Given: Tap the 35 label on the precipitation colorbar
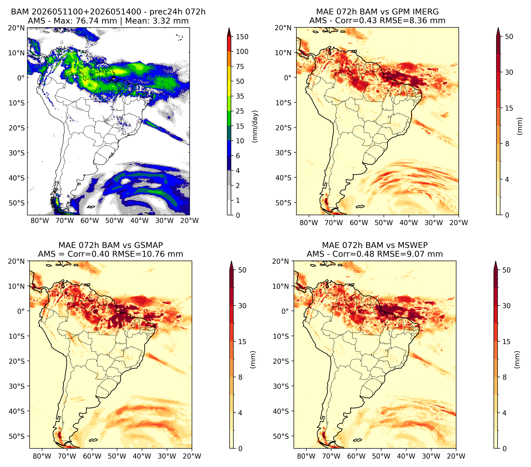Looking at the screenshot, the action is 240,96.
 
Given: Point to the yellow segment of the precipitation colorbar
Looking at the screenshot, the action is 229,81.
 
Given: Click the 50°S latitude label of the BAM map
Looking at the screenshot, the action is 17,203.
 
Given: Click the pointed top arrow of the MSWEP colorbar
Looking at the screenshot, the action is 496,265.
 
